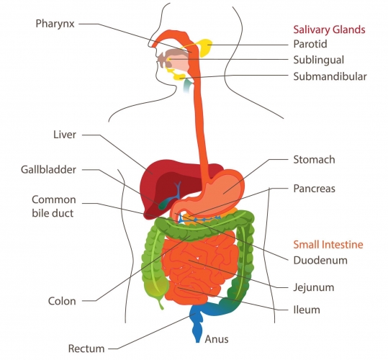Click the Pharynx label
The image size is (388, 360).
[x=55, y=24]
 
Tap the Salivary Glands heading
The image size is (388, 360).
[x=329, y=30]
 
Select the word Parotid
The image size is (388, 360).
[x=310, y=44]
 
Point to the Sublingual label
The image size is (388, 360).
[x=319, y=60]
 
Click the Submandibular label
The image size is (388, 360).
[x=330, y=76]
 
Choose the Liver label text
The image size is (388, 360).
[x=65, y=135]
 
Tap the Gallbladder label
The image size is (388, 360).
[x=48, y=170]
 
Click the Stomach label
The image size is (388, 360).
[x=315, y=160]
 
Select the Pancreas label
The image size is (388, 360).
[x=315, y=189]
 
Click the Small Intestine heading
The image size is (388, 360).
[x=328, y=245]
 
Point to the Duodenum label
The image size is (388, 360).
[x=320, y=261]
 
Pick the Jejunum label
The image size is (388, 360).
[x=314, y=287]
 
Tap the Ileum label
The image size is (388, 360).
[x=307, y=310]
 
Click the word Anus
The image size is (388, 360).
[x=217, y=339]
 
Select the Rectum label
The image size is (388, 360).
[x=86, y=348]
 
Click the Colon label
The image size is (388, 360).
[x=62, y=301]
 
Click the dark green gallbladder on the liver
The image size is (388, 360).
[x=163, y=204]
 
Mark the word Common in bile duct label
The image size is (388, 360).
[x=54, y=199]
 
